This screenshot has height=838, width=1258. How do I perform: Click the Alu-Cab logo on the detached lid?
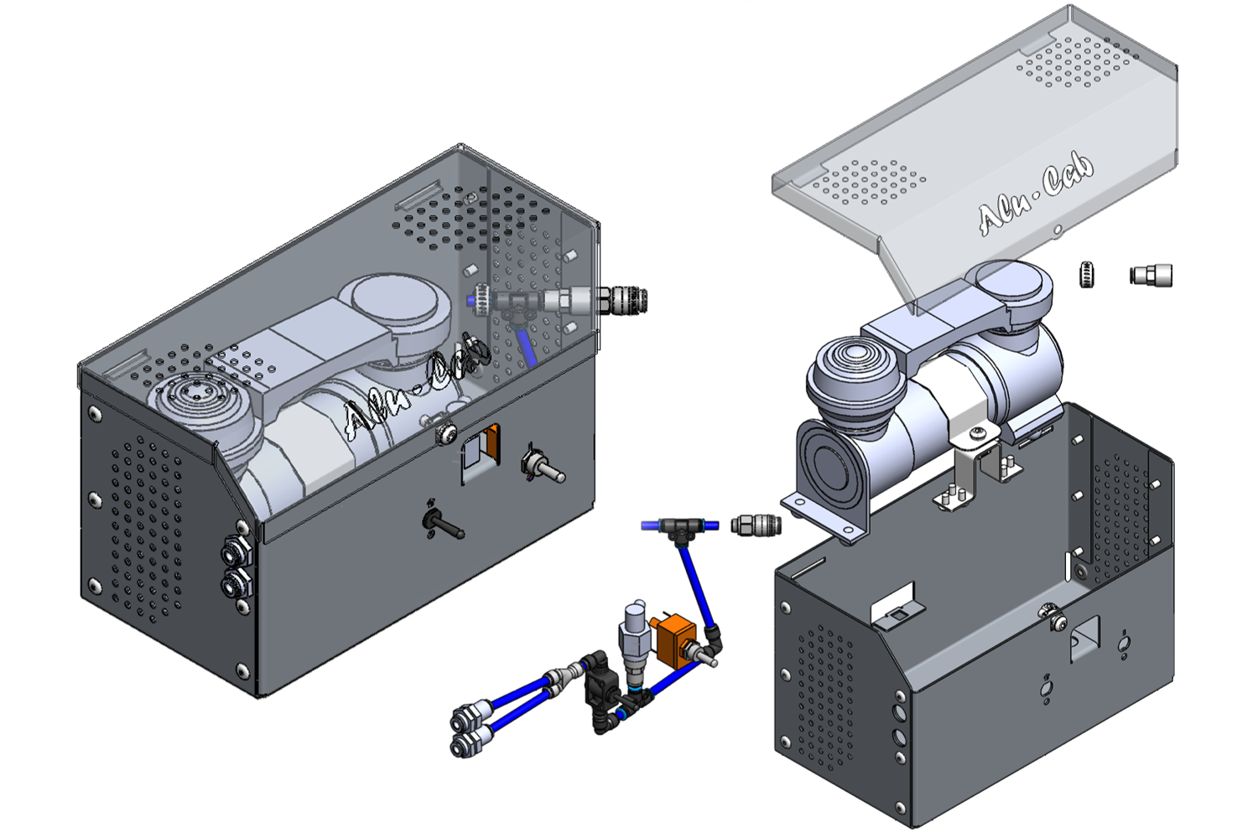1037,194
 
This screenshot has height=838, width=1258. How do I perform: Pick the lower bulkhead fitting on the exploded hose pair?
464,744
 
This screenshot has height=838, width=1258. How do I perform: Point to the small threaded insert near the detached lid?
1086,274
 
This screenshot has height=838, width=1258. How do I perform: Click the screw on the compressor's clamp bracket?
978,433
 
